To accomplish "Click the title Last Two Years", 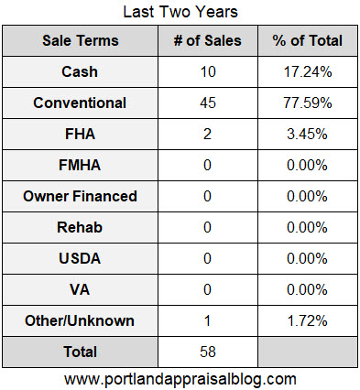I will click(180, 13).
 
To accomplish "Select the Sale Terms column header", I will click(81, 41).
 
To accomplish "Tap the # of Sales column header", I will click(206, 41).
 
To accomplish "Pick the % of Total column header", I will click(307, 41).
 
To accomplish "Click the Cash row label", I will click(81, 72).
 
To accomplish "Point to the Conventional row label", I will click(81, 103).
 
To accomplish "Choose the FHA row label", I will click(81, 135).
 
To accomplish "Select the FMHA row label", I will click(81, 166).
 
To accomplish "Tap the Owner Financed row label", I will click(81, 197).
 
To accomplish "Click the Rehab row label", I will click(81, 228).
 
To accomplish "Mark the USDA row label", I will click(81, 259).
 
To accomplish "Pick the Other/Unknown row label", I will click(81, 321).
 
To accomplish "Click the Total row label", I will click(81, 352).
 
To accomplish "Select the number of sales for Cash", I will click(206, 72).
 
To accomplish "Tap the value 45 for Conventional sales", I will click(206, 103).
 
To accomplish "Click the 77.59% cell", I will click(307, 103).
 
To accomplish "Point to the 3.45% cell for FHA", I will click(307, 135).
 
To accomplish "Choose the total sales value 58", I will click(206, 352).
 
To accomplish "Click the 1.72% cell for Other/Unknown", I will click(307, 321).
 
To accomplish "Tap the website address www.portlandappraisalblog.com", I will click(180, 378).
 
